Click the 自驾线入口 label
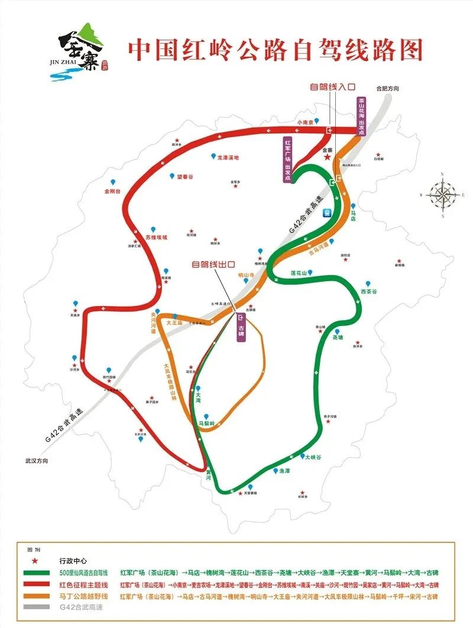point(333,86)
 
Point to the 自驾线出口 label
point(213,265)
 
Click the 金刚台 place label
point(112,191)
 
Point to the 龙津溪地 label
point(227,158)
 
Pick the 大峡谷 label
point(314,464)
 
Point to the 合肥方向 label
point(388,89)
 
